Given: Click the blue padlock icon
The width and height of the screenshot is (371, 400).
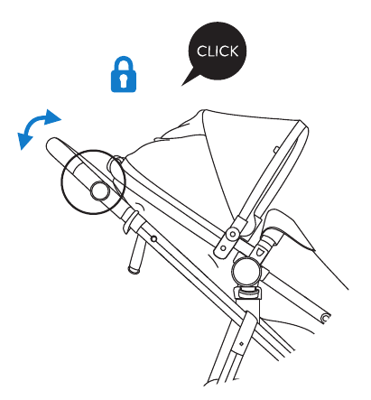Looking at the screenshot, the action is (124, 74).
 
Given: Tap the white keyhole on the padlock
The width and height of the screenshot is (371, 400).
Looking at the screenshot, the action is (124, 80).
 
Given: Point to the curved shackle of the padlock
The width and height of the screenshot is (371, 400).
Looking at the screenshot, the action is (124, 63).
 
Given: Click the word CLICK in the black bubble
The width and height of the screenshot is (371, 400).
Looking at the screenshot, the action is (218, 51).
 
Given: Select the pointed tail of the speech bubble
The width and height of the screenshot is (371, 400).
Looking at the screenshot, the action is (190, 79).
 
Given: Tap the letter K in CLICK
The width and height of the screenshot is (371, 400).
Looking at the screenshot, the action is (233, 51).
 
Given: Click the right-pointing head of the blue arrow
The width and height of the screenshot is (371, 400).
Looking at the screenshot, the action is (52, 117).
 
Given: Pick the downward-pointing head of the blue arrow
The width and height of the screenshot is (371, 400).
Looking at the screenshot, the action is (24, 141).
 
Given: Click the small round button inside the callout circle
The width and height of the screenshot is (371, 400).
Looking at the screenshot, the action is (99, 191).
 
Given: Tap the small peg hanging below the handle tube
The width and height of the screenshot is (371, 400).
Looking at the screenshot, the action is (137, 255).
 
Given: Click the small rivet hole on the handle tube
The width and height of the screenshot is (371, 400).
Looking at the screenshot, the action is (154, 239).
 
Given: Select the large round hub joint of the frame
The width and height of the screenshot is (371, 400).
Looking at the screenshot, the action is (246, 272).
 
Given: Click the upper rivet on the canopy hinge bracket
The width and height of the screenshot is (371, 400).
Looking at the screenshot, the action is (233, 234).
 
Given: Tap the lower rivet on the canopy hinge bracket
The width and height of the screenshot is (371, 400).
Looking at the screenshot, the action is (223, 248).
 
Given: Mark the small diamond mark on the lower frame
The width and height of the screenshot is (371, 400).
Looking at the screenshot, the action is (241, 343).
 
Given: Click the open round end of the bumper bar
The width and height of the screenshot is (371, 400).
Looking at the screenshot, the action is (325, 318).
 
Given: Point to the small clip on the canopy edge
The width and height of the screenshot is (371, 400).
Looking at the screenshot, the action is (276, 149).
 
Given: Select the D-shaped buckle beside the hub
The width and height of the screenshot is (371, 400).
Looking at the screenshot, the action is (259, 251).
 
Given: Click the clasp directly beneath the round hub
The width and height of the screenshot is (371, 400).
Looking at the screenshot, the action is (247, 292).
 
